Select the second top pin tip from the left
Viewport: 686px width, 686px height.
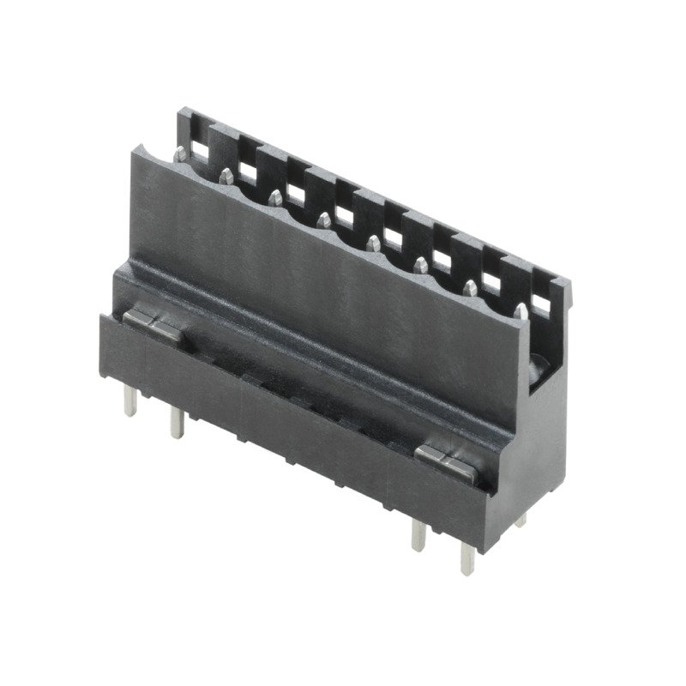(x=226, y=175)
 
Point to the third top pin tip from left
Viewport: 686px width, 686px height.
(x=274, y=197)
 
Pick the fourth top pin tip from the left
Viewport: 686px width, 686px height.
(x=323, y=221)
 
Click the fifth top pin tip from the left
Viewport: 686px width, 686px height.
(x=372, y=244)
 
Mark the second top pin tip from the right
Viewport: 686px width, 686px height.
(x=471, y=286)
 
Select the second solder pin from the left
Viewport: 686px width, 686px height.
(x=176, y=423)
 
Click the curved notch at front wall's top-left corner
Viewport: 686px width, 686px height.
(x=146, y=155)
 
